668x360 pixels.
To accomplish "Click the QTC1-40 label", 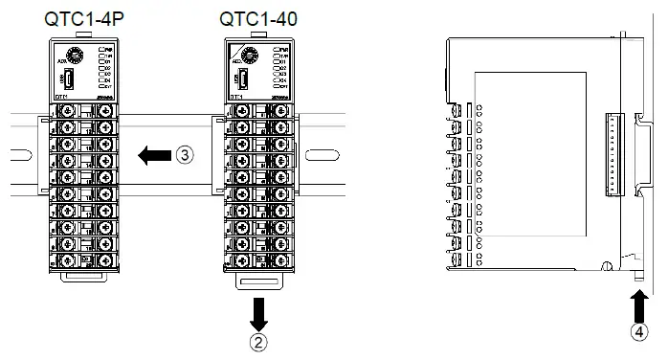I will [x=257, y=18].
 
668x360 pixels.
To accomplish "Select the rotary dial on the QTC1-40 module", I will [x=254, y=56].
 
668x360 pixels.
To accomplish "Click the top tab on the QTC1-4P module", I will [x=81, y=34].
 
